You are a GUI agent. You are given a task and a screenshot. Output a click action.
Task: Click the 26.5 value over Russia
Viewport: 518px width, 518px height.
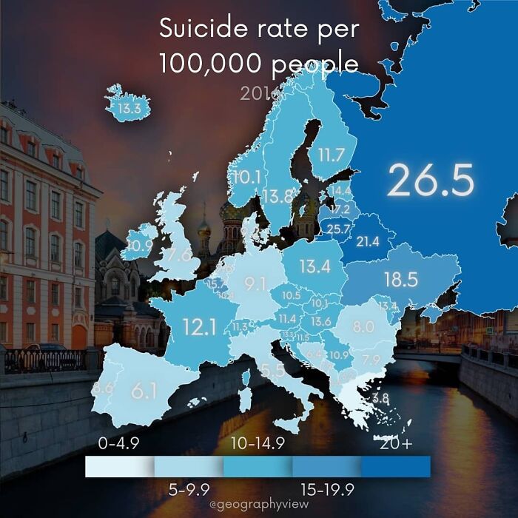click(x=429, y=181)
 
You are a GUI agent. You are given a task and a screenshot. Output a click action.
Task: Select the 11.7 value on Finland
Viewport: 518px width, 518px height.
click(x=331, y=155)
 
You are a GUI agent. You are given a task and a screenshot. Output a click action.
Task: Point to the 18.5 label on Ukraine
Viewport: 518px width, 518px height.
click(x=401, y=279)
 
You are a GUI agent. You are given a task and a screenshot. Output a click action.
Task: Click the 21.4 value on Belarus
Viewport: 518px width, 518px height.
click(x=367, y=241)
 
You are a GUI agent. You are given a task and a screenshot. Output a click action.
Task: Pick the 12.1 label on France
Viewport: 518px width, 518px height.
click(x=199, y=326)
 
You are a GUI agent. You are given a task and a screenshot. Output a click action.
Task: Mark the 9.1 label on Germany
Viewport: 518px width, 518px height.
click(x=255, y=283)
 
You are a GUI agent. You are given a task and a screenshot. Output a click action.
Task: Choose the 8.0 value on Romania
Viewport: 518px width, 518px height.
click(x=363, y=326)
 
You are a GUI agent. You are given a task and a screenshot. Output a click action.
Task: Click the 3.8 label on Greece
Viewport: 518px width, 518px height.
click(x=380, y=398)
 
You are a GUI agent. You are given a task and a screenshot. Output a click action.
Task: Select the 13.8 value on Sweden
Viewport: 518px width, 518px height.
click(x=277, y=196)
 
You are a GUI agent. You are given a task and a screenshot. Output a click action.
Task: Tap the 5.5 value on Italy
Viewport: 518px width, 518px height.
click(x=273, y=371)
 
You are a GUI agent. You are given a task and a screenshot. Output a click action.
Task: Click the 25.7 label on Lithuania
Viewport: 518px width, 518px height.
click(x=338, y=229)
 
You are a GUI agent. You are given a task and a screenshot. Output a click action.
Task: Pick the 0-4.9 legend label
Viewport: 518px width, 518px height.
click(x=119, y=444)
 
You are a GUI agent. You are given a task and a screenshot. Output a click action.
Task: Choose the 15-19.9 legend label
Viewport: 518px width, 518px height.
click(x=328, y=488)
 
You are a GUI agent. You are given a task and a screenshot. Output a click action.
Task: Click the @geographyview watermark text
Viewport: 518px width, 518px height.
click(x=259, y=504)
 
